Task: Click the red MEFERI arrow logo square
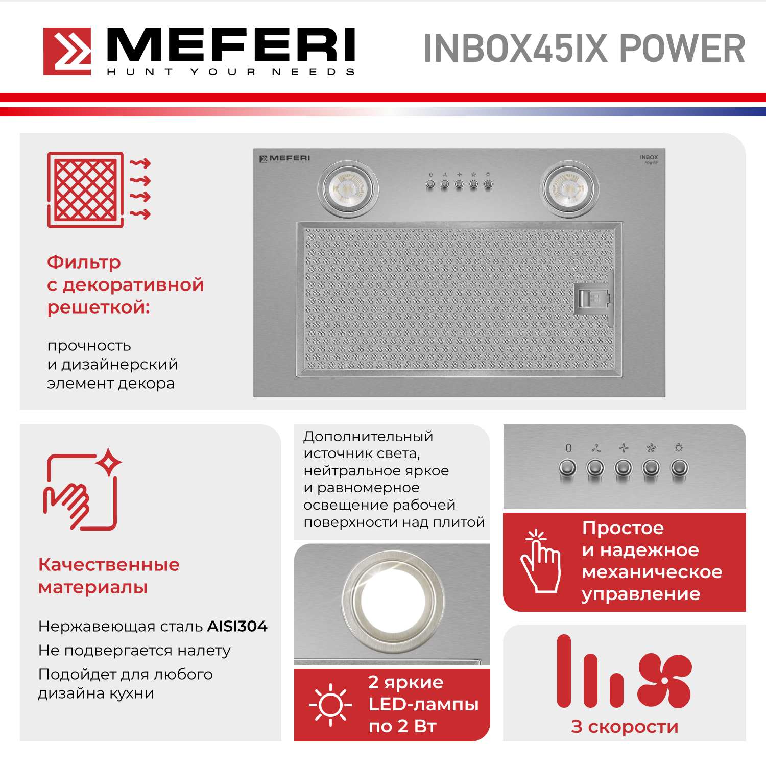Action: tap(67, 51)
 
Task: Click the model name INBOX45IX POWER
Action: tap(584, 49)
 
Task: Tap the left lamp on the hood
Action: tap(348, 189)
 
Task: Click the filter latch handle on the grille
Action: tap(592, 299)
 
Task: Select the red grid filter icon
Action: tap(99, 189)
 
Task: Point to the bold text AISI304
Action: tap(237, 626)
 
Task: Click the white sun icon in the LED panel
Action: tap(330, 705)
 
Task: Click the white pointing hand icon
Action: tap(540, 561)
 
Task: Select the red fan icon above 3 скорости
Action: tap(664, 680)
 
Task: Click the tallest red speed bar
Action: tap(564, 671)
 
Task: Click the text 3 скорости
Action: tap(625, 727)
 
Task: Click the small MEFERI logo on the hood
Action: tap(285, 159)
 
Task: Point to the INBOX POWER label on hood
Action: tap(649, 160)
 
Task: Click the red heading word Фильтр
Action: tap(84, 262)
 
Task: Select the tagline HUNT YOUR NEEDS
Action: tap(231, 72)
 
